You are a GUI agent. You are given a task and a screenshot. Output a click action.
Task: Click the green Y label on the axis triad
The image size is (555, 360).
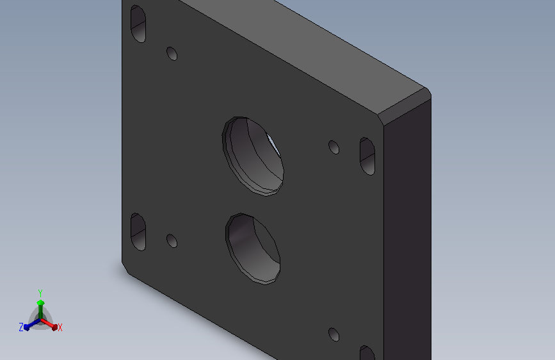click(x=40, y=293)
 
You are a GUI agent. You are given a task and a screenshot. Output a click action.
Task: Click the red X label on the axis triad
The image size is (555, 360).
click(x=60, y=327)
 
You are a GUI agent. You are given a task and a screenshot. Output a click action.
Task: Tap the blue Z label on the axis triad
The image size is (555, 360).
click(x=21, y=327)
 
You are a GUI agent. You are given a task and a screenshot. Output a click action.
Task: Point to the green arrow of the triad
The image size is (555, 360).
click(x=40, y=309)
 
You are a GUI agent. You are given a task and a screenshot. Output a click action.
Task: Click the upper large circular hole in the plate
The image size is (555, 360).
click(x=253, y=156)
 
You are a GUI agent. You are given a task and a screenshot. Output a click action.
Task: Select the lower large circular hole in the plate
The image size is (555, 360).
click(x=253, y=249)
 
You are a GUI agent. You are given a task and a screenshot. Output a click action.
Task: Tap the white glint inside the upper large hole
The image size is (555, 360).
click(x=273, y=145)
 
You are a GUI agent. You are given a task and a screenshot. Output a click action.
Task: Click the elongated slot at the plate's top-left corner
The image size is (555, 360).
click(x=138, y=24)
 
